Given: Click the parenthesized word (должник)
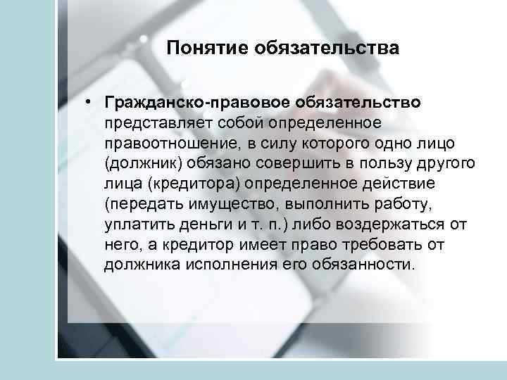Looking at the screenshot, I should (x=140, y=163).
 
